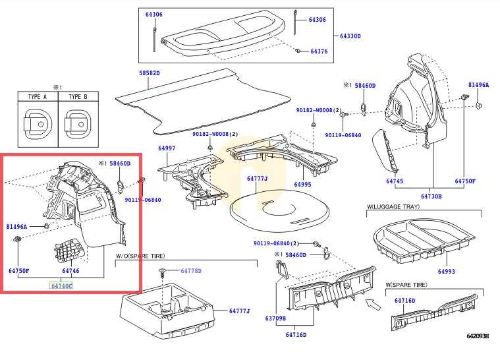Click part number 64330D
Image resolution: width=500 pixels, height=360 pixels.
[350, 36]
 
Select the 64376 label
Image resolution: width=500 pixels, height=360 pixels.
[319, 51]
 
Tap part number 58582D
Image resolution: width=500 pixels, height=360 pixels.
[150, 73]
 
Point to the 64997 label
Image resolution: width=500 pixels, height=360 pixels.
[167, 148]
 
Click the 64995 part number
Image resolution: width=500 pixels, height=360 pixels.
[302, 185]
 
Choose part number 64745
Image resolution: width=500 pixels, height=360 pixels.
[395, 181]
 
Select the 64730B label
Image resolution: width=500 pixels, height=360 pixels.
[431, 196]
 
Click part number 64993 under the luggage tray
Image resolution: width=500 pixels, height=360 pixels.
[447, 271]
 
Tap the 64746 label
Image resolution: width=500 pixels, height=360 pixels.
[70, 271]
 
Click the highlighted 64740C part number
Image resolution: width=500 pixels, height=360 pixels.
[61, 286]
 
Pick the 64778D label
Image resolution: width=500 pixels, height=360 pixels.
[191, 271]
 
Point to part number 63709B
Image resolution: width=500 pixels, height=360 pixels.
[275, 318]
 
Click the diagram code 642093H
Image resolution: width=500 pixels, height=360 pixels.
[478, 336]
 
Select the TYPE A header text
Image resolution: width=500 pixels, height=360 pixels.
[38, 97]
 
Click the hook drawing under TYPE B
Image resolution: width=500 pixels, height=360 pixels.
[78, 124]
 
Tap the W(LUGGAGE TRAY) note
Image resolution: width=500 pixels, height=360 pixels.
[393, 206]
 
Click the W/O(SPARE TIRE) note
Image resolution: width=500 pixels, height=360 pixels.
[140, 256]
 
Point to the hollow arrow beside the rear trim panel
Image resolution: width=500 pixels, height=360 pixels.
[373, 305]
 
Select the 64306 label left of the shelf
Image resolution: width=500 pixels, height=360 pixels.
[154, 15]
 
